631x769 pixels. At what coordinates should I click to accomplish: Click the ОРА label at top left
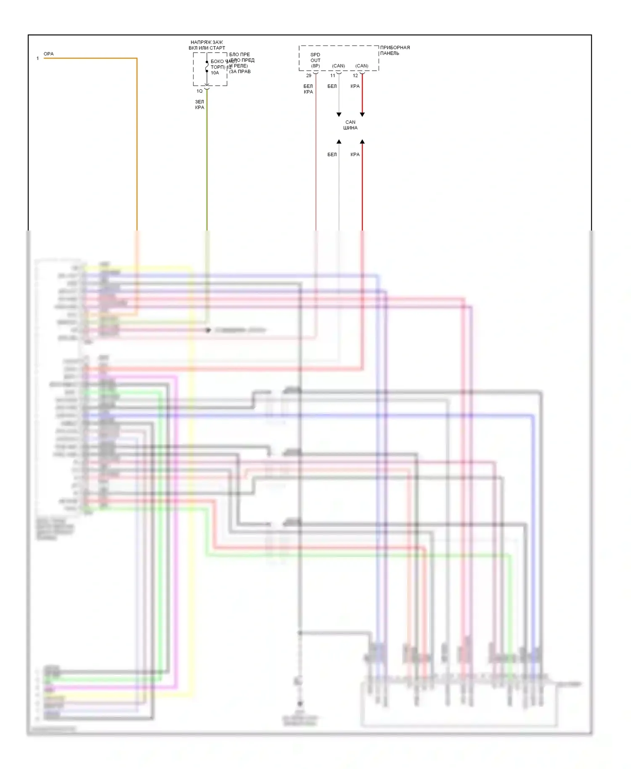(48, 54)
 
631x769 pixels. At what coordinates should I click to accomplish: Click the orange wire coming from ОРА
(137, 143)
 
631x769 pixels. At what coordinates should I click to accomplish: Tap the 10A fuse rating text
(215, 73)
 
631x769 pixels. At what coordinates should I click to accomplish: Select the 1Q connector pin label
(199, 91)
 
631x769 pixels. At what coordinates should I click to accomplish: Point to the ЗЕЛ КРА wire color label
(199, 104)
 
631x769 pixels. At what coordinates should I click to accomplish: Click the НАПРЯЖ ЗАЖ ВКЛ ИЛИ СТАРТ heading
(207, 45)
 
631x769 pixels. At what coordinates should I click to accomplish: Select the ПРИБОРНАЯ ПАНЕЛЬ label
(395, 50)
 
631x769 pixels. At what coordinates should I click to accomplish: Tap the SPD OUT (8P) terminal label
(315, 60)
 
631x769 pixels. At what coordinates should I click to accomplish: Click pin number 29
(309, 76)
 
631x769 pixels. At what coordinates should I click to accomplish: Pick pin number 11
(332, 76)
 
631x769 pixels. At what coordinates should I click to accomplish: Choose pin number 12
(355, 76)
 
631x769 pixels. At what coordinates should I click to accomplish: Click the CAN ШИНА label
(350, 125)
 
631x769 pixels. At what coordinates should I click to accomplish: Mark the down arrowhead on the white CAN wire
(339, 114)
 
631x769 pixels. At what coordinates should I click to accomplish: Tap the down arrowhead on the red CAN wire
(362, 114)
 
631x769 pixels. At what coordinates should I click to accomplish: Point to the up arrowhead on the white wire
(339, 142)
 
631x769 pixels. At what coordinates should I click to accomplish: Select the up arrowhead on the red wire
(362, 142)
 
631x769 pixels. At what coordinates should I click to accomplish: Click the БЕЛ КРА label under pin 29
(308, 89)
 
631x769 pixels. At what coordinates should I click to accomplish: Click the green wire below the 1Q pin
(207, 168)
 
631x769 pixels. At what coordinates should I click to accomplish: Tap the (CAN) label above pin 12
(362, 66)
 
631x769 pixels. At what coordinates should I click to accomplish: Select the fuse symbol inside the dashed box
(207, 66)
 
